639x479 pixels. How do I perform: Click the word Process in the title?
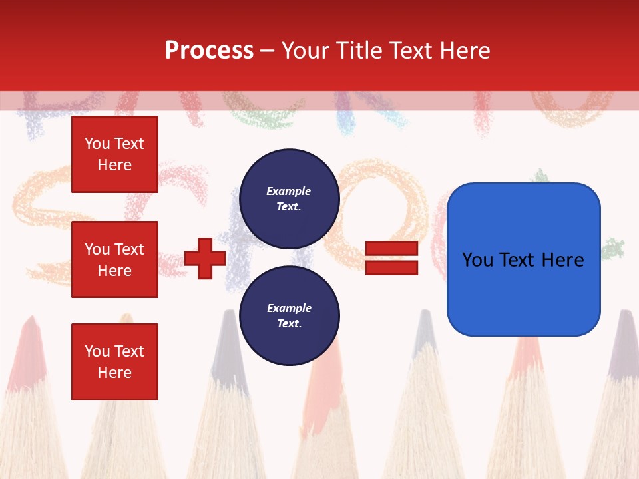point(209,51)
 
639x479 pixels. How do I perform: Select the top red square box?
point(114,154)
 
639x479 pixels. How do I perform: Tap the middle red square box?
point(114,259)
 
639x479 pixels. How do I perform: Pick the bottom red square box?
point(114,361)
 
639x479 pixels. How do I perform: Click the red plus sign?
point(205,259)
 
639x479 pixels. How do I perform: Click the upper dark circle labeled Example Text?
point(289,198)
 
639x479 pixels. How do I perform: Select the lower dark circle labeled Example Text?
point(289,315)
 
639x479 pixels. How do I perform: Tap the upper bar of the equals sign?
point(391,249)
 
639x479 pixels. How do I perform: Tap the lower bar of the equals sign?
point(391,267)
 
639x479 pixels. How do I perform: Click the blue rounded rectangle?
point(523,259)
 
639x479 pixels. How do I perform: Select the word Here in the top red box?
point(114,165)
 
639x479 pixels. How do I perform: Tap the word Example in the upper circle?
point(289,191)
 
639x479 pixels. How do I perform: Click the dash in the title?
point(268,51)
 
